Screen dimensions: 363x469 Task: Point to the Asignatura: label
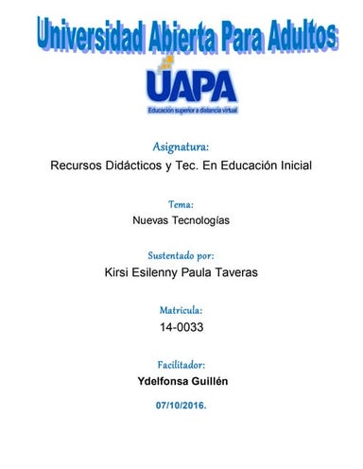click(181, 147)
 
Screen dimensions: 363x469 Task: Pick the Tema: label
click(181, 203)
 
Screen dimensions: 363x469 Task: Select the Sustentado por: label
click(181, 256)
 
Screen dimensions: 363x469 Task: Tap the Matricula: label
click(181, 310)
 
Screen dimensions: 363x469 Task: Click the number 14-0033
click(181, 327)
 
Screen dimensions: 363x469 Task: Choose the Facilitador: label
click(181, 364)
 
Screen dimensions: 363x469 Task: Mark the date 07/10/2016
click(181, 404)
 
